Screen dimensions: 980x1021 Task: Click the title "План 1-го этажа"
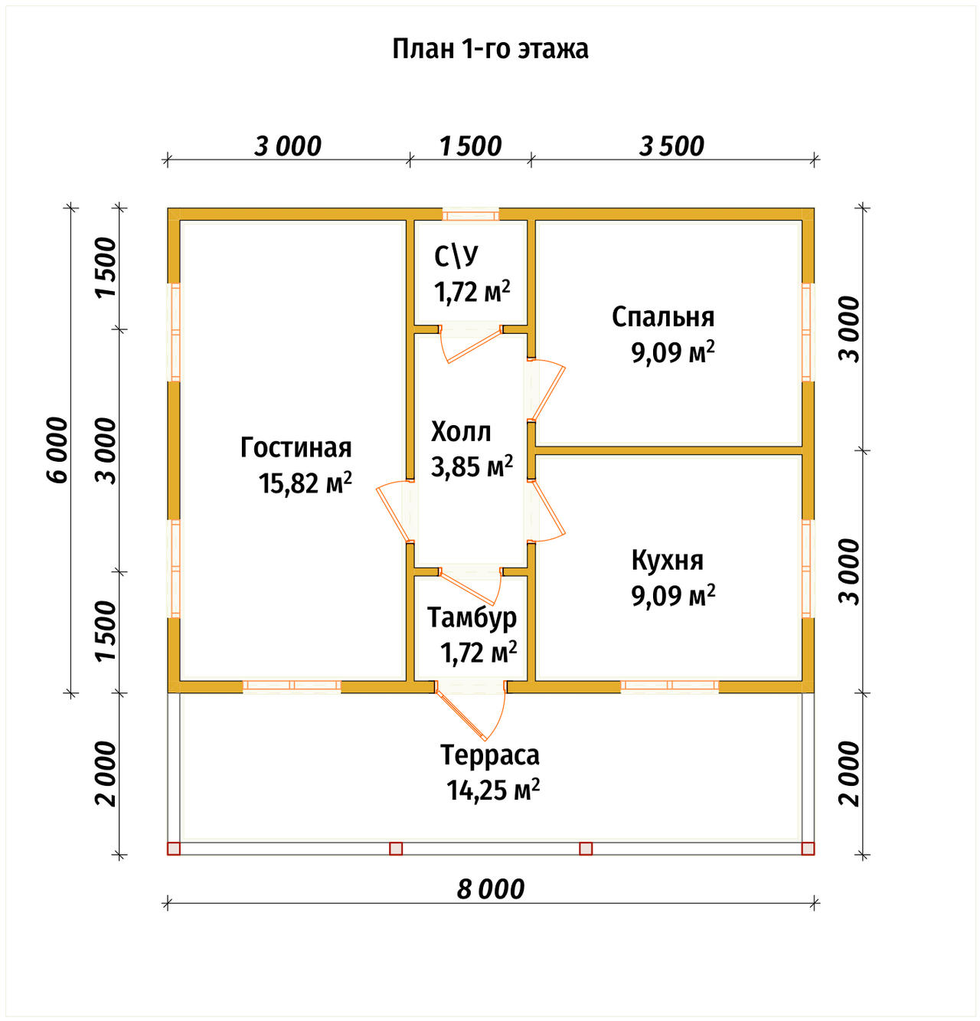490,49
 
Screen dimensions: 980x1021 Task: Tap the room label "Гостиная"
296,447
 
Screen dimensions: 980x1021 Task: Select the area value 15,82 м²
305,483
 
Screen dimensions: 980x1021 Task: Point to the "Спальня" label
663,317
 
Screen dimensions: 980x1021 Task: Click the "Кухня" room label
667,561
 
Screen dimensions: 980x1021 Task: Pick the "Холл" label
461,432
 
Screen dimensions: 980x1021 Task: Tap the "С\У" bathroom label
456,256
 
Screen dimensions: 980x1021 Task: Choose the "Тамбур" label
472,617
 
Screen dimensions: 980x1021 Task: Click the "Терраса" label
490,755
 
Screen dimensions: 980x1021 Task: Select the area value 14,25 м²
493,790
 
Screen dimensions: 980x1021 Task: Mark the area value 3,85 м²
472,466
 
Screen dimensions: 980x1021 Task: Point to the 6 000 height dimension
57,450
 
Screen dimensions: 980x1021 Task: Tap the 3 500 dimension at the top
671,146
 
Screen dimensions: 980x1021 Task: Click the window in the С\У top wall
470,214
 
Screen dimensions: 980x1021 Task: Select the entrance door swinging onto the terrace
470,709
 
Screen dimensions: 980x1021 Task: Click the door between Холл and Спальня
546,390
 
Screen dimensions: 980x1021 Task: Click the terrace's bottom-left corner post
174,849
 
